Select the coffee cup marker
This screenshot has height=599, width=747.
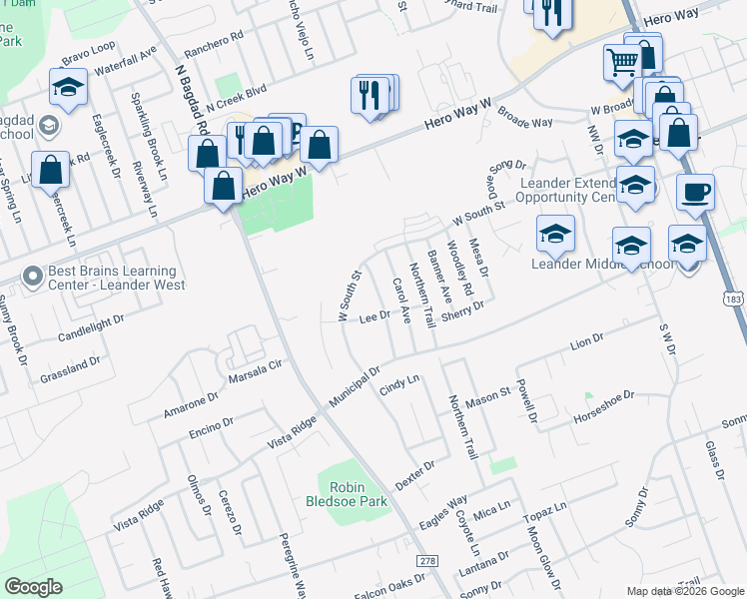point(695,193)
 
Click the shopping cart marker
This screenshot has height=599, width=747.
point(622,63)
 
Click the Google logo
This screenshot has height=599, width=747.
point(33,587)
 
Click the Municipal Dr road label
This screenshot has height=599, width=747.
point(356,385)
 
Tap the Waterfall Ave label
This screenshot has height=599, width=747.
point(125,60)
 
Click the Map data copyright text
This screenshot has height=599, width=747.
point(684,591)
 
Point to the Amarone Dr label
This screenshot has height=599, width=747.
point(191,405)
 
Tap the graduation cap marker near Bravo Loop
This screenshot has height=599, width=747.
point(68,90)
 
